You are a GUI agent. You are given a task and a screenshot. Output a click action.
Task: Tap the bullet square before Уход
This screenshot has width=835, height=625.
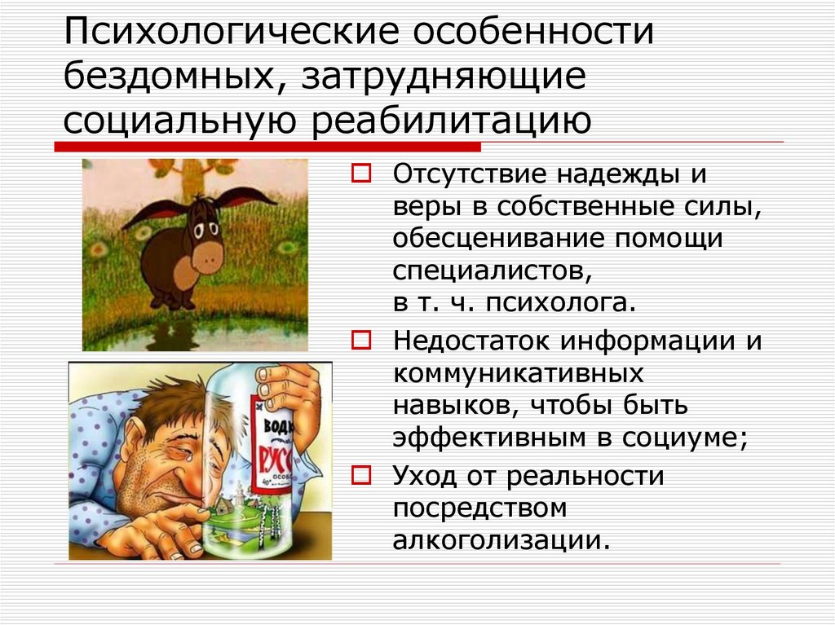pos(361,473)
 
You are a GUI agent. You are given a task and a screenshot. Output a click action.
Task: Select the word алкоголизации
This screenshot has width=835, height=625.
pos(500,539)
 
